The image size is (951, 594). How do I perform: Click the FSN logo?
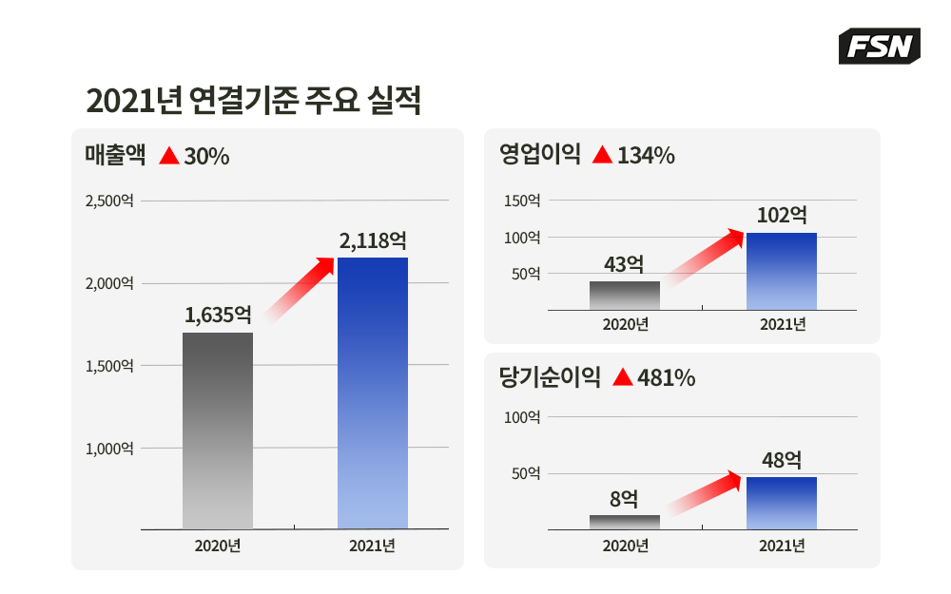point(879,46)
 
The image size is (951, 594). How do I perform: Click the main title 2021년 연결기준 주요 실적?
point(253,101)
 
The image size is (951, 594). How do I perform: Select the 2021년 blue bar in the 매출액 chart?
point(373,393)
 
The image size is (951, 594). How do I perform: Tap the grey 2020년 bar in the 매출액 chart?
point(218,430)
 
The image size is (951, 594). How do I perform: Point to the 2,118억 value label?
point(373,240)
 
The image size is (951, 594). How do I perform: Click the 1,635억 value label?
point(218,315)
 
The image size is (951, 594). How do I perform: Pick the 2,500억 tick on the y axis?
point(109,201)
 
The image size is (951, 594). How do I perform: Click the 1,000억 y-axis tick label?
point(109,449)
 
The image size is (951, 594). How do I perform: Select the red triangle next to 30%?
point(169,156)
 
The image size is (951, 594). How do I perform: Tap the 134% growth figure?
point(646,156)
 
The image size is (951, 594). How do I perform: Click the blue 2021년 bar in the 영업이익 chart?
point(782,271)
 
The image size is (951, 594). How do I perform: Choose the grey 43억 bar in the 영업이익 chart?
point(625,296)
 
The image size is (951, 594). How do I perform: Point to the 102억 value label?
point(782,215)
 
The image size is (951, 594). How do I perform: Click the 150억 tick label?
point(522,201)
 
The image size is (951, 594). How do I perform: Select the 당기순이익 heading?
point(550,378)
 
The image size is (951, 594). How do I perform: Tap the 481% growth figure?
point(667,378)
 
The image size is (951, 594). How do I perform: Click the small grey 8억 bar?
point(625,522)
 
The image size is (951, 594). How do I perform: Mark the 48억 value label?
point(782,461)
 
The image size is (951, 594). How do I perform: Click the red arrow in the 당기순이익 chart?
point(705,493)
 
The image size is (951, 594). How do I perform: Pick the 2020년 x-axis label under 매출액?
point(218,546)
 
